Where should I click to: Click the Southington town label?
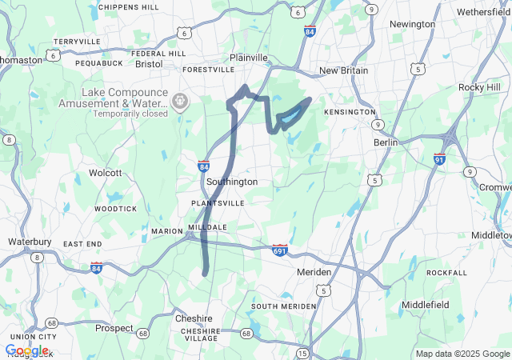(x=232, y=182)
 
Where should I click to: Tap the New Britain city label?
(x=344, y=70)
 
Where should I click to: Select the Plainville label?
(x=249, y=58)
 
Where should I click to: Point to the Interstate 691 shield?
(x=279, y=250)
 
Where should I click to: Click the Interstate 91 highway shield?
(x=439, y=158)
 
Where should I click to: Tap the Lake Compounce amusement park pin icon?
(x=180, y=102)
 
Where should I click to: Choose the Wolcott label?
(x=105, y=172)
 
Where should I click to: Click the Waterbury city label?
(x=30, y=241)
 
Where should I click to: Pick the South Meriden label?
(x=280, y=306)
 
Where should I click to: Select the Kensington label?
(x=350, y=112)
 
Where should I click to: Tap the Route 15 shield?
(x=302, y=353)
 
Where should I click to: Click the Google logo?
(x=26, y=350)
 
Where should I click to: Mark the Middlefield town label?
(x=426, y=305)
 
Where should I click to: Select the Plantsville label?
(x=218, y=203)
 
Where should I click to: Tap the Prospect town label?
(x=114, y=328)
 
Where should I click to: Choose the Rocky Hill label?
(x=478, y=86)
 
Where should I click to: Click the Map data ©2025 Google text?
(x=462, y=354)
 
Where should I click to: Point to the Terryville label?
(x=77, y=41)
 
